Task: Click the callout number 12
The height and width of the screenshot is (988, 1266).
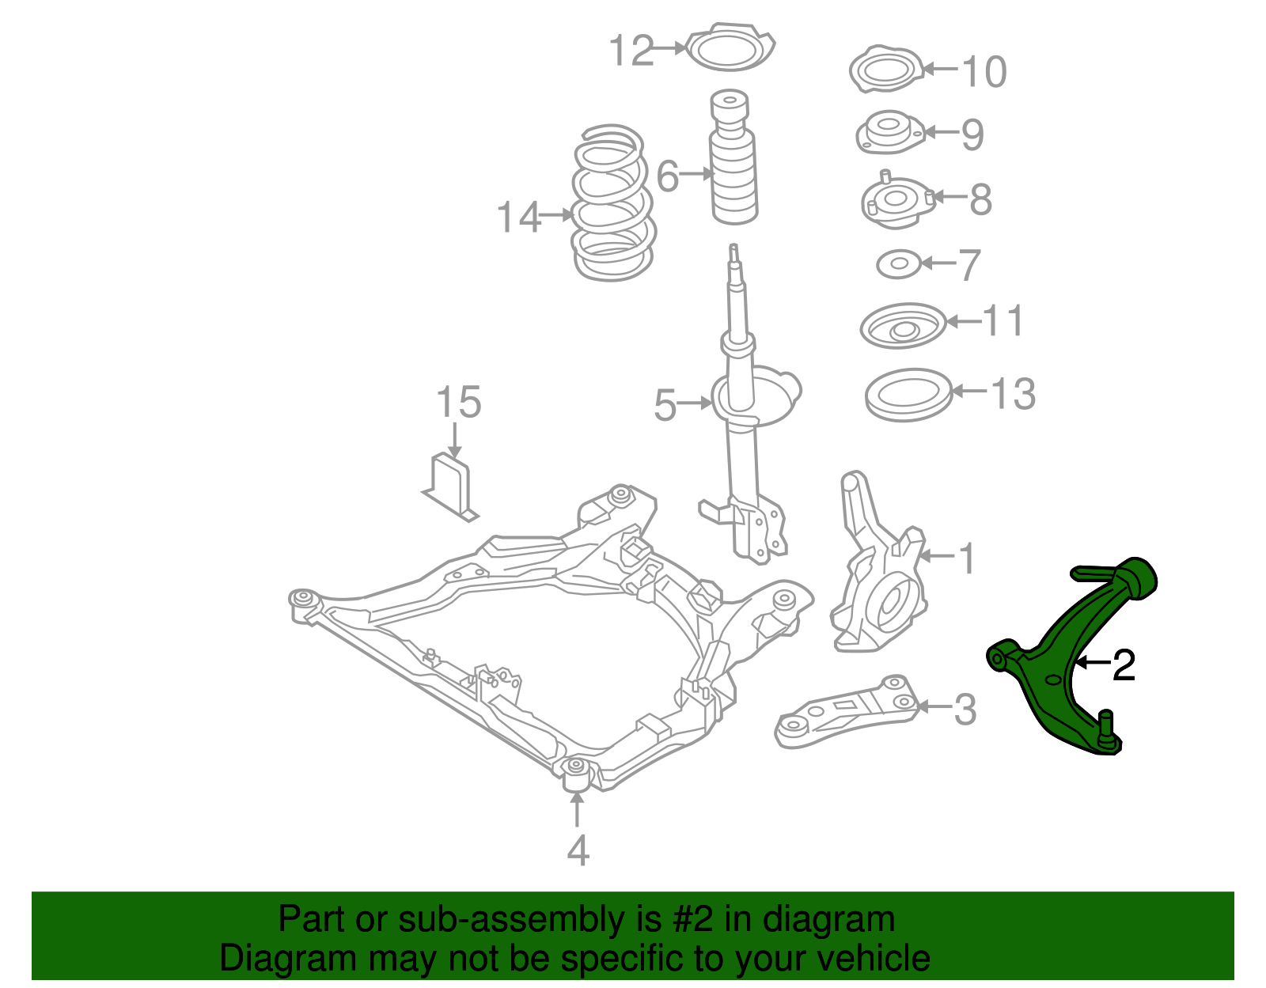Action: [x=631, y=51]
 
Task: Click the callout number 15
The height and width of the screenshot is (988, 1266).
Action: [x=458, y=402]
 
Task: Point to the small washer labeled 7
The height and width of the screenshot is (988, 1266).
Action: [x=899, y=264]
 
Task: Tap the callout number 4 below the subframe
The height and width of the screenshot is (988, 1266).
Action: [x=578, y=850]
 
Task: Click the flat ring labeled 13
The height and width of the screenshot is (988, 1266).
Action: [x=907, y=395]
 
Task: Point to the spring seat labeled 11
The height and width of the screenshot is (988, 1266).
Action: [x=902, y=325]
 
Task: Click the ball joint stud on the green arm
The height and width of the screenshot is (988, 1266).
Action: [x=1106, y=724]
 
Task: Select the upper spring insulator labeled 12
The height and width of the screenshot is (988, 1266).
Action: [x=730, y=49]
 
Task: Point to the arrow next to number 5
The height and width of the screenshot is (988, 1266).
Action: [x=696, y=403]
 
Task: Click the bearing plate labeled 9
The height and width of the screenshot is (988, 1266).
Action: [x=888, y=133]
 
